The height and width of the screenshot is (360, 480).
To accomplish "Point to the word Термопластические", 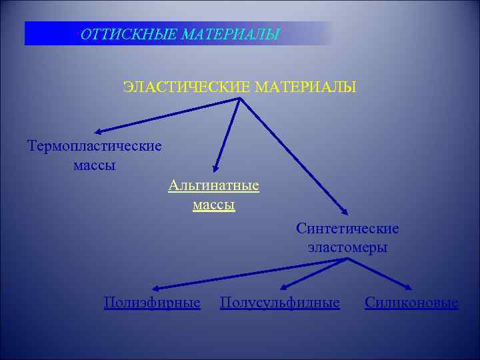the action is [95, 145].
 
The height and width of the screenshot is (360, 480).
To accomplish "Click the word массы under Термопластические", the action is [95, 165].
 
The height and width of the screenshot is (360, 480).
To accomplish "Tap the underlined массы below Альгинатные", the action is [214, 205].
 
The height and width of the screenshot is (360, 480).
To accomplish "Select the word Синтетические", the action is [348, 229].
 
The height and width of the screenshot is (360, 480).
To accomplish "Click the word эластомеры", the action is [348, 247].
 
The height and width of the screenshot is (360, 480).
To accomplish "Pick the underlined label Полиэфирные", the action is [152, 303].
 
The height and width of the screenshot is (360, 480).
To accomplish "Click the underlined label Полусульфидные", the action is [280, 303].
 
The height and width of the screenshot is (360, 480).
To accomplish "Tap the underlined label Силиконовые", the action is [411, 303].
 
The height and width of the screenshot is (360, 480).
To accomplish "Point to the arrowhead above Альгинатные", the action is [215, 169].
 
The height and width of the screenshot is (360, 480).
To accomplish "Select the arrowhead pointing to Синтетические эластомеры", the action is [344, 211].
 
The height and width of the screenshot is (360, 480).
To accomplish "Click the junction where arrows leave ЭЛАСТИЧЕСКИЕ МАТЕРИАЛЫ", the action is [240, 99].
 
